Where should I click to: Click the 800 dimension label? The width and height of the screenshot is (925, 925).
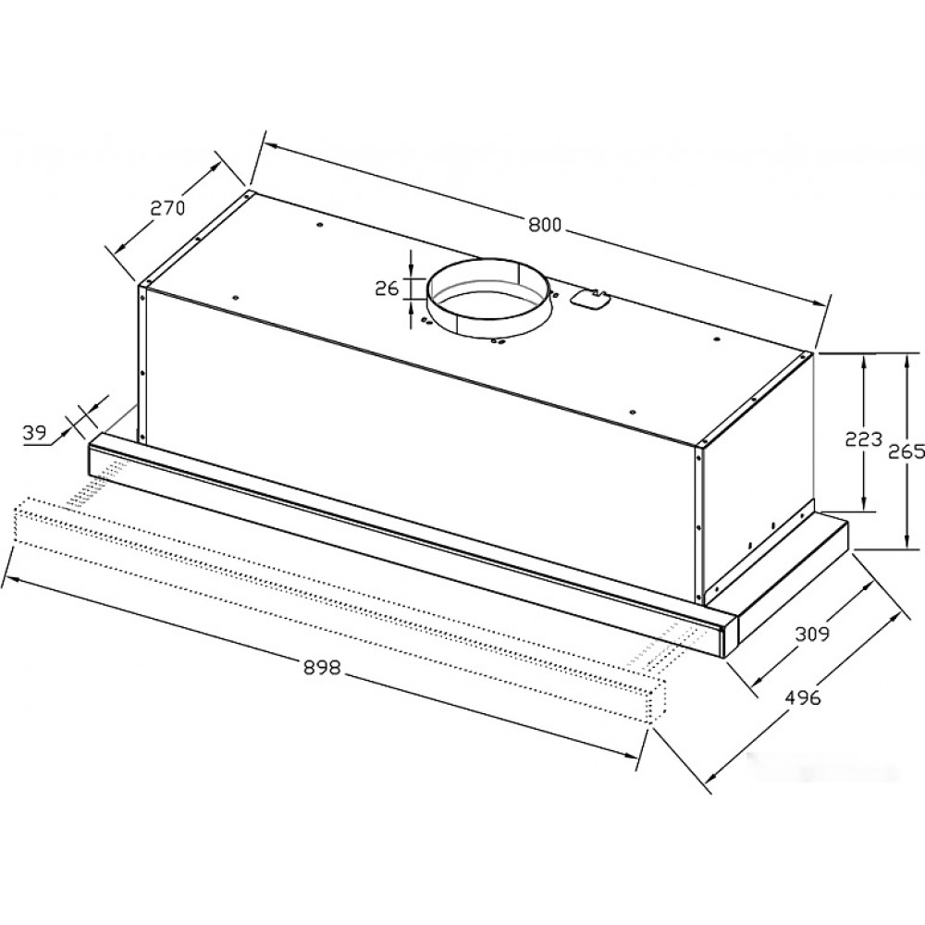point(545,226)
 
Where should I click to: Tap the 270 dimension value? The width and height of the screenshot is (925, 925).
point(167,207)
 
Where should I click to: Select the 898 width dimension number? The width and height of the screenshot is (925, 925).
point(323,667)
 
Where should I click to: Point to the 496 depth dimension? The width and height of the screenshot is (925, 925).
point(802,697)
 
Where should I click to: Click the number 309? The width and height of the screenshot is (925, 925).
point(812,634)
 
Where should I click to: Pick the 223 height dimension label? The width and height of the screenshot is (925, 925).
point(864,438)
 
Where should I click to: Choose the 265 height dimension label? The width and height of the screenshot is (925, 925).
point(906,451)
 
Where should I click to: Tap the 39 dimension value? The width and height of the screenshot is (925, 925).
point(34,433)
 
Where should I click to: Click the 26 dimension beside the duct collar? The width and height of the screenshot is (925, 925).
point(387,289)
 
